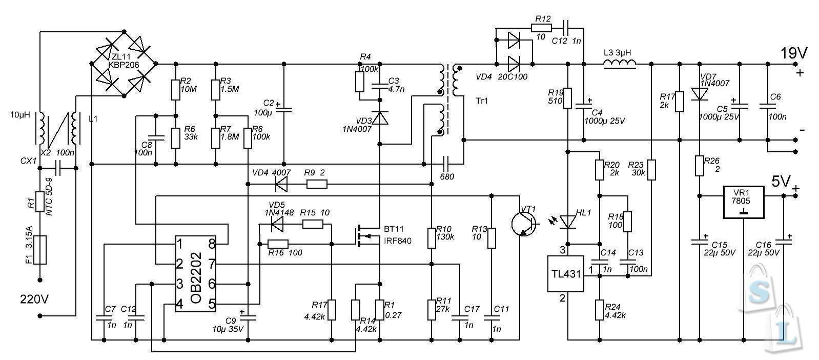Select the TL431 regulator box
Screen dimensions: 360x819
566,273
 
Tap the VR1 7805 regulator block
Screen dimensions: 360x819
743,202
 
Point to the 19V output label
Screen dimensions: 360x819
794,53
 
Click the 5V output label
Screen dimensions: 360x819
782,181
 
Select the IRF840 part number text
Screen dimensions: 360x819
397,241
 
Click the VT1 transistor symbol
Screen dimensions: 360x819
524,223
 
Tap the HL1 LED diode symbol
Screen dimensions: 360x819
568,222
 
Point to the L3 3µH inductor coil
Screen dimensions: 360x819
620,64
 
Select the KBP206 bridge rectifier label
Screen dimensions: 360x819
123,65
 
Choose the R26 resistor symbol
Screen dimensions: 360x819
700,166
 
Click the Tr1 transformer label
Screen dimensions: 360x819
482,101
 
